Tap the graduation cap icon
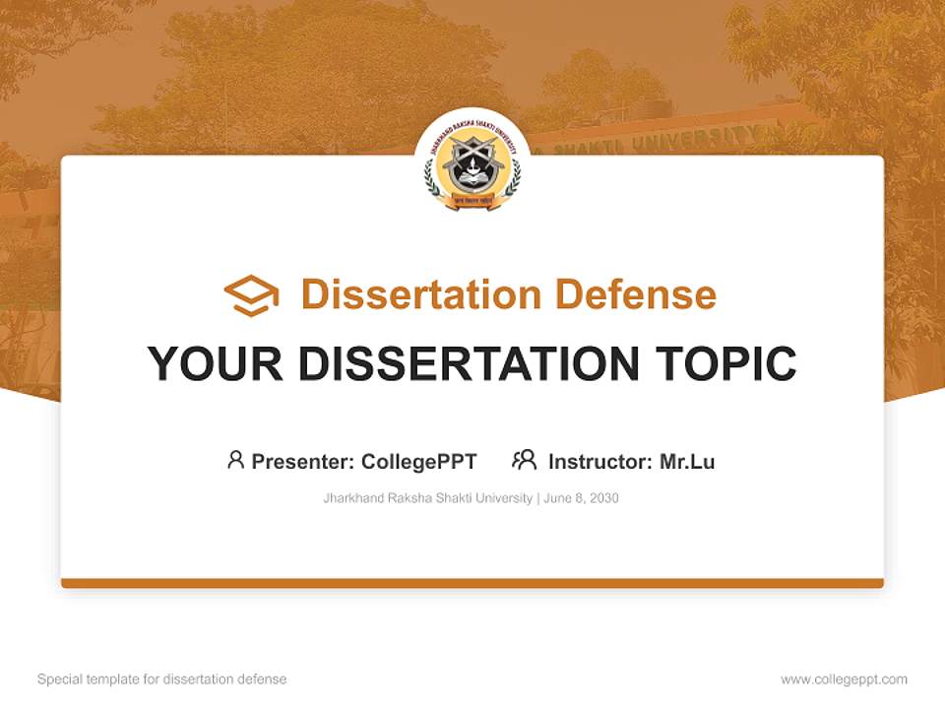(251, 295)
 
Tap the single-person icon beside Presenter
(235, 460)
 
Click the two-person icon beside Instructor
(524, 460)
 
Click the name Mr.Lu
(687, 461)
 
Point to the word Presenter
(303, 461)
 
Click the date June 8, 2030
(582, 498)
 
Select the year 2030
(604, 498)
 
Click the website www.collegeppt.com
(844, 679)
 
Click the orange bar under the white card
(472, 583)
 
